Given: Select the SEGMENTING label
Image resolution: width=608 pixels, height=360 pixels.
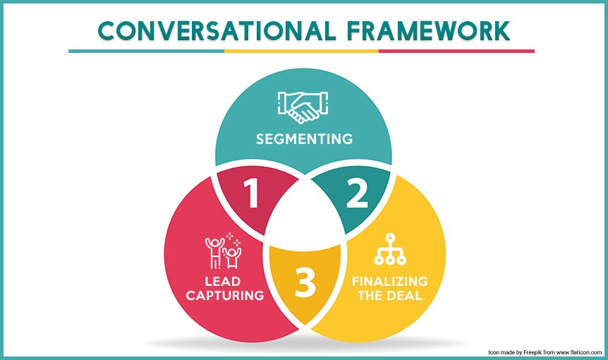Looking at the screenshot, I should pyautogui.click(x=304, y=138).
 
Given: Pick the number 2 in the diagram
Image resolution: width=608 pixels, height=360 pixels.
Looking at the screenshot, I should pyautogui.click(x=356, y=193).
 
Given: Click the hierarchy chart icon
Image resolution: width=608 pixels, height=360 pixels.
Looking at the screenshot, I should pyautogui.click(x=386, y=248).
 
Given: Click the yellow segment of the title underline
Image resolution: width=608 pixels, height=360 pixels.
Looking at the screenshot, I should pyautogui.click(x=301, y=51).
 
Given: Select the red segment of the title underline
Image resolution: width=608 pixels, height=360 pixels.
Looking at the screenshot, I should pyautogui.click(x=456, y=51).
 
